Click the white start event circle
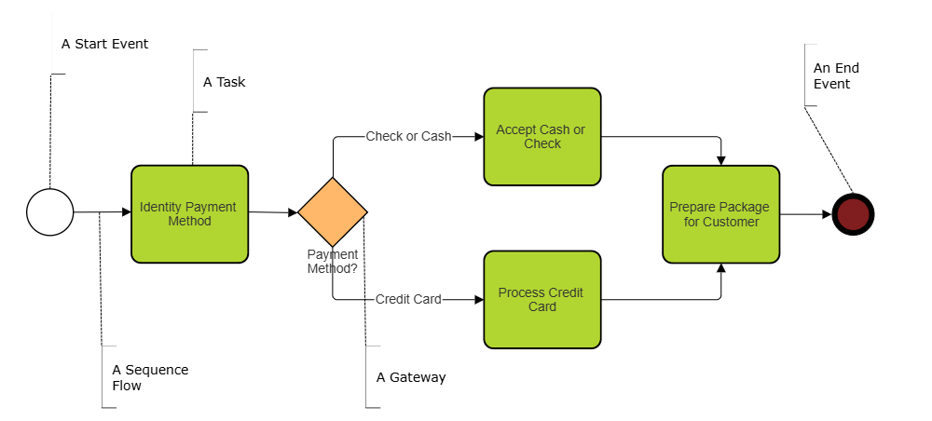point(50,212)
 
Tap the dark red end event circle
point(853,214)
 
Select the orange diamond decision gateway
point(333,212)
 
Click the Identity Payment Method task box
point(189,214)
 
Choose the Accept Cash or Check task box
point(541,137)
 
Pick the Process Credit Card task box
point(541,300)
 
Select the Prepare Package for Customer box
point(720,214)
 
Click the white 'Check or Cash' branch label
point(408,137)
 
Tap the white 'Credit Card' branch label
point(408,300)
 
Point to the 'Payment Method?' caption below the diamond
point(333,262)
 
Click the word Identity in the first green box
point(160,207)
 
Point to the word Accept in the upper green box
point(515,130)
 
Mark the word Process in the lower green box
point(520,292)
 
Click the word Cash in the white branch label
point(436,137)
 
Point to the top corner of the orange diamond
point(333,181)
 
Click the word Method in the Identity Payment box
point(189,222)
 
